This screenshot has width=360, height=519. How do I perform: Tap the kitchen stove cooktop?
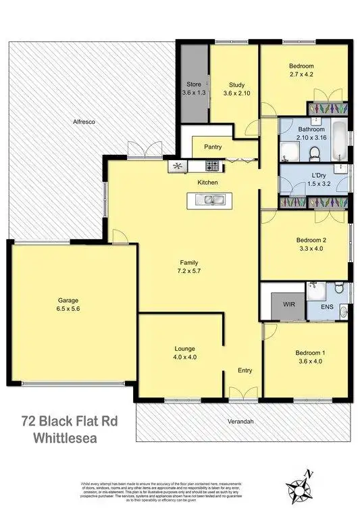[212, 166]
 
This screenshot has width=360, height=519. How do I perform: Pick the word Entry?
[245, 370]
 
